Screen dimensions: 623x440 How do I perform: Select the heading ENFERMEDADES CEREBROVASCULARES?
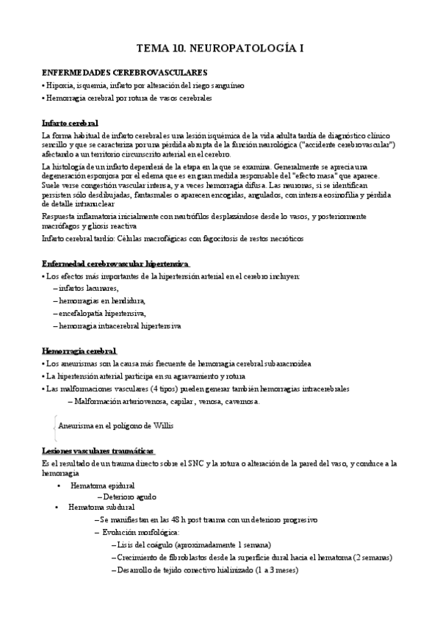(x=125, y=73)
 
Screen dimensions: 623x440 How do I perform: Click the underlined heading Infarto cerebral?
(x=71, y=122)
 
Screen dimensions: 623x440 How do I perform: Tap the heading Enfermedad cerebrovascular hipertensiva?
(x=115, y=263)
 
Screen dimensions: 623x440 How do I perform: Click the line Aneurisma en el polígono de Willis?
(x=121, y=425)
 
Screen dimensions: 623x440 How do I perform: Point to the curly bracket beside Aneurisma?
(x=55, y=425)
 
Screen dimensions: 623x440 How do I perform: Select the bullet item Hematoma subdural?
(x=101, y=507)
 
